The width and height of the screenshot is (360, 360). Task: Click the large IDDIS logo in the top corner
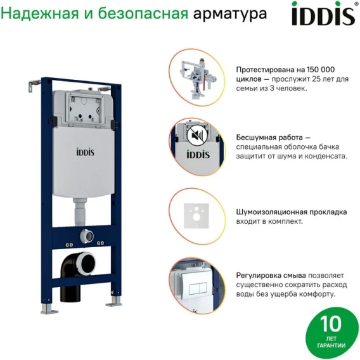[x=323, y=14]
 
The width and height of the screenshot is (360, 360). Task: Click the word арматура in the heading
[x=230, y=14]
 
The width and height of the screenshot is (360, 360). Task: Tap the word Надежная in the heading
[x=39, y=13]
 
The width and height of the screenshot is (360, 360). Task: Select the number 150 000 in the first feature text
[x=321, y=70]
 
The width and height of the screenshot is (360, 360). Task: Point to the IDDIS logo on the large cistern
[x=85, y=152]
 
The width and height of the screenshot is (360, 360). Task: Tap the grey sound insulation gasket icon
[x=196, y=216]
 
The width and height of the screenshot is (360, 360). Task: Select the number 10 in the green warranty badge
[x=330, y=324]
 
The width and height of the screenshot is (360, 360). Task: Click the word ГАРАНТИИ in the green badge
[x=331, y=345]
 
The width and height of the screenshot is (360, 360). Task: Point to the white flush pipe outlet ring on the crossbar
[x=87, y=236]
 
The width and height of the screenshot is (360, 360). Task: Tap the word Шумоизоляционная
[x=272, y=212]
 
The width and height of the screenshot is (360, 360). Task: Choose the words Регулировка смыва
[x=271, y=275]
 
